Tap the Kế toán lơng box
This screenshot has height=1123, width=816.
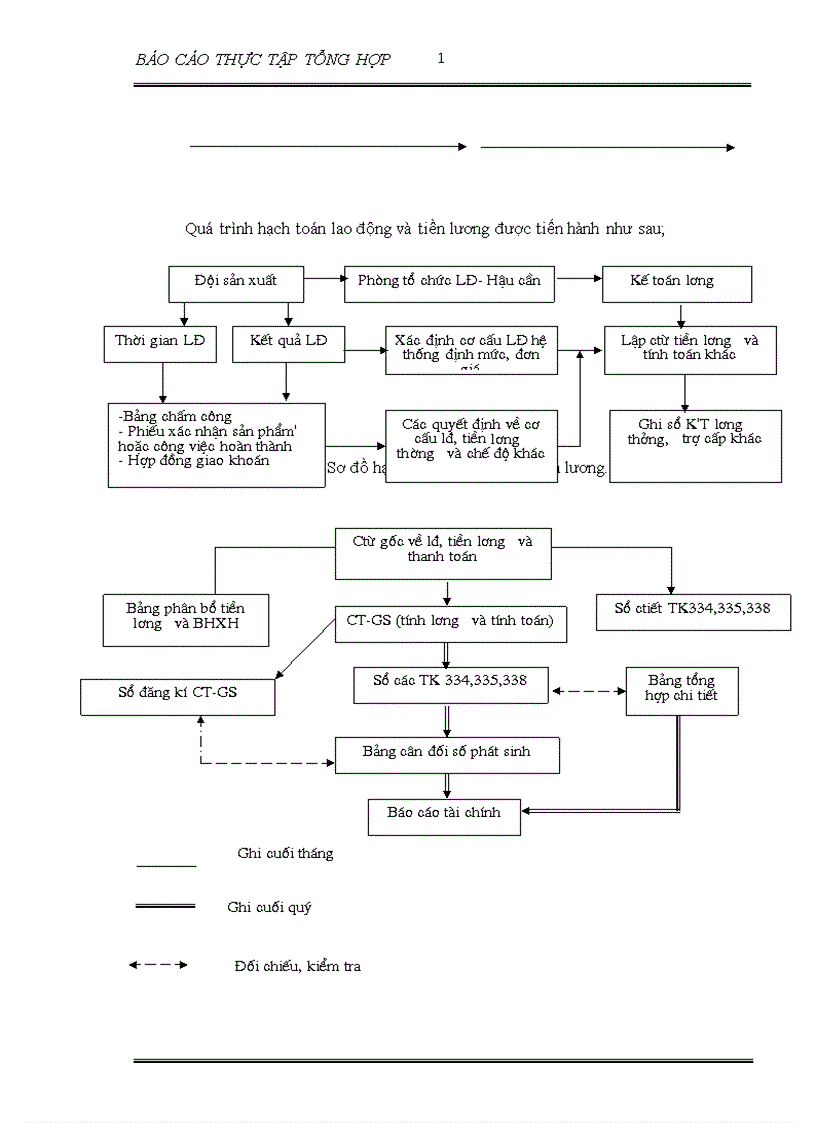pyautogui.click(x=676, y=282)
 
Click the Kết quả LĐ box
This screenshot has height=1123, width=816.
pyautogui.click(x=288, y=342)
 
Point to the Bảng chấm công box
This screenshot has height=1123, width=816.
pyautogui.click(x=216, y=444)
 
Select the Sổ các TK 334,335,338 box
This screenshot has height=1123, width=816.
pyautogui.click(x=450, y=685)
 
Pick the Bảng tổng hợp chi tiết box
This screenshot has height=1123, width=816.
pyautogui.click(x=683, y=690)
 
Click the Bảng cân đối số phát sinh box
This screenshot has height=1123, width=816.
pyautogui.click(x=446, y=754)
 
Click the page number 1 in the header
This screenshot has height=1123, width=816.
pyautogui.click(x=441, y=59)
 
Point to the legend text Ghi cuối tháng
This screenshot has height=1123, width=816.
pyautogui.click(x=285, y=854)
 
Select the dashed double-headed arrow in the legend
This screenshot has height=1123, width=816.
pyautogui.click(x=158, y=965)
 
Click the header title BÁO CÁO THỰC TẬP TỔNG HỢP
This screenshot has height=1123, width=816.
pyautogui.click(x=263, y=60)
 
